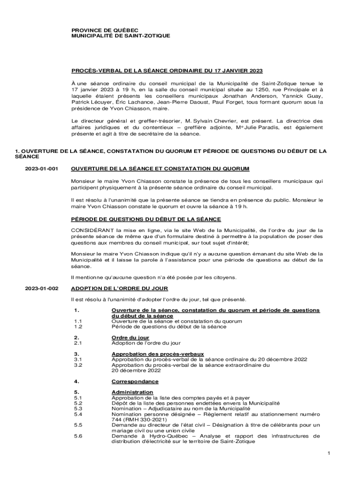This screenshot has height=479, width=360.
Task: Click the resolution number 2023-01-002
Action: tap(41, 289)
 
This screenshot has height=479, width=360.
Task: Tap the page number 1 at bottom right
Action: tap(329, 453)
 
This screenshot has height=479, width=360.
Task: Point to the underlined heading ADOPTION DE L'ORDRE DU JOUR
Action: tap(119, 289)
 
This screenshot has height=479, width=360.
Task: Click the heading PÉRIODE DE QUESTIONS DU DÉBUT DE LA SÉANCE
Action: tap(146, 219)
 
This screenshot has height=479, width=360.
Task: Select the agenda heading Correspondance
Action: tap(135, 382)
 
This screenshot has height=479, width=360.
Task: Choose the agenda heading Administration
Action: tap(132, 392)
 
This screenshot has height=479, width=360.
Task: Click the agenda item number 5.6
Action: tap(78, 436)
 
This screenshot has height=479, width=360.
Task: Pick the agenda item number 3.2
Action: tap(78, 365)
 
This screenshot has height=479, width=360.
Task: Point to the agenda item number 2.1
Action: tap(78, 343)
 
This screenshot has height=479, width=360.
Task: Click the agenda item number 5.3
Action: tap(78, 408)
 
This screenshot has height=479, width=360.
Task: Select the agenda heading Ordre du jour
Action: tap(130, 337)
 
